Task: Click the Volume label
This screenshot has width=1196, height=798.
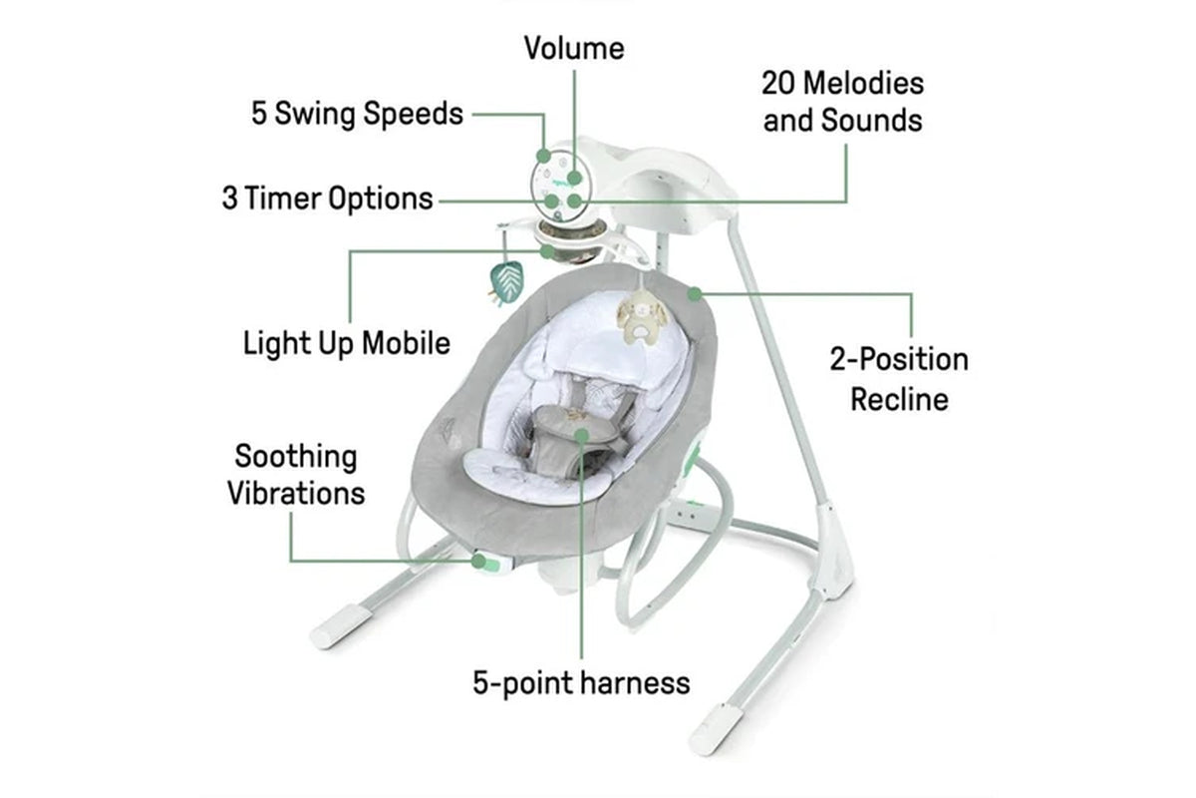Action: coord(574,48)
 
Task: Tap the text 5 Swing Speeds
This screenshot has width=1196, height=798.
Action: coord(357,114)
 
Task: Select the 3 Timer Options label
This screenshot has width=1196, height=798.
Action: coord(327,198)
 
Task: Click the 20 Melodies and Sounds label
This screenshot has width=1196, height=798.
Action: coord(843,101)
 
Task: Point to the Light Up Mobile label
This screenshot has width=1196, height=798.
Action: coord(347,343)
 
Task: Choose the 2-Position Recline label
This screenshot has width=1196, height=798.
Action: coord(899,379)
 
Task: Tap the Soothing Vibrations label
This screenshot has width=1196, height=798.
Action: coord(296,475)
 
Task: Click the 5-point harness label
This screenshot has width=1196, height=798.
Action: coord(581,683)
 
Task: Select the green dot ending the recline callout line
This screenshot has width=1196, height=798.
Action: coord(695,293)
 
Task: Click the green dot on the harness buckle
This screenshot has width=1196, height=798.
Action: coord(581,433)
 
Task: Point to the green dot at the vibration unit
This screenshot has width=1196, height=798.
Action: coord(480,562)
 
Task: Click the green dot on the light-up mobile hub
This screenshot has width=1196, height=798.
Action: coord(547,251)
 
